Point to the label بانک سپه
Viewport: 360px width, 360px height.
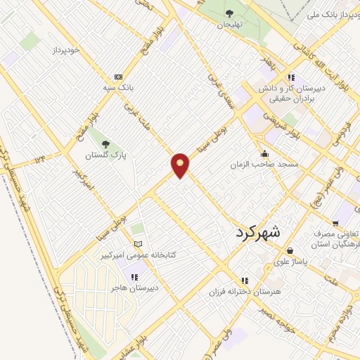point(116,88)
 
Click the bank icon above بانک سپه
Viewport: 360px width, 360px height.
point(117,77)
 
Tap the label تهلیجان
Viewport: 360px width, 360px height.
point(229,24)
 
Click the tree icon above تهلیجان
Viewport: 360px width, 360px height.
point(229,13)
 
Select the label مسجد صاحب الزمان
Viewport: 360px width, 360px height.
point(264,164)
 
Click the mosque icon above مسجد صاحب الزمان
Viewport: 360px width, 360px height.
point(264,153)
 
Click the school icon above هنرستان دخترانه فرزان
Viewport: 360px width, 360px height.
point(245,279)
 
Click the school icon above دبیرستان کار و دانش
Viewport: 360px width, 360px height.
point(290,77)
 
